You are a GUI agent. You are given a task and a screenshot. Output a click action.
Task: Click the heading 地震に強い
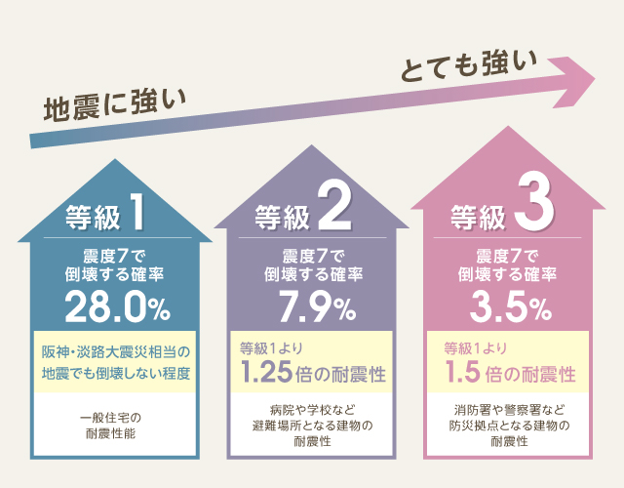(x=114, y=105)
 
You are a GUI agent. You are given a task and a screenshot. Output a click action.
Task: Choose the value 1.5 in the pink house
(x=464, y=373)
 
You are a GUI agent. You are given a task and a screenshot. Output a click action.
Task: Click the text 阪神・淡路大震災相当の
(x=115, y=350)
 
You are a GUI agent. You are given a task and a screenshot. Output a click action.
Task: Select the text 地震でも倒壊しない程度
(x=115, y=373)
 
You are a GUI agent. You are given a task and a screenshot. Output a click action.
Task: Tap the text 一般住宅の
(x=115, y=418)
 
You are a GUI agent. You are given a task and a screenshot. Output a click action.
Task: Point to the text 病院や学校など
(x=312, y=410)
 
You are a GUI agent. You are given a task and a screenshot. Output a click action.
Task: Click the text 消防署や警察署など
(x=509, y=410)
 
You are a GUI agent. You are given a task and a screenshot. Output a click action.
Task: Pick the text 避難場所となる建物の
(x=312, y=426)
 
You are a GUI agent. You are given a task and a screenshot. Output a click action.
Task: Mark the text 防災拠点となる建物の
(x=509, y=426)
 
